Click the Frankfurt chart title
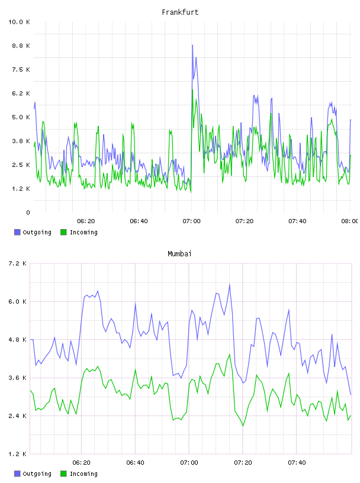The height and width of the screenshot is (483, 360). pyautogui.click(x=180, y=12)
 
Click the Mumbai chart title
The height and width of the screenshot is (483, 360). pyautogui.click(x=179, y=253)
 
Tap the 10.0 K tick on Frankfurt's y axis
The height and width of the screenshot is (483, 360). pyautogui.click(x=19, y=22)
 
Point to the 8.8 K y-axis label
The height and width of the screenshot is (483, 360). pyautogui.click(x=21, y=46)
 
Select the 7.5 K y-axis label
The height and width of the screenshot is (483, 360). pyautogui.click(x=21, y=70)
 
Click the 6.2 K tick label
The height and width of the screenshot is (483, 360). pyautogui.click(x=21, y=94)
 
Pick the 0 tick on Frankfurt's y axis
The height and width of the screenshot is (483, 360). pyautogui.click(x=28, y=212)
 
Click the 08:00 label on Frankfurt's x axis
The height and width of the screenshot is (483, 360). pyautogui.click(x=350, y=221)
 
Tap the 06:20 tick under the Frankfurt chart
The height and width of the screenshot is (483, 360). pyautogui.click(x=86, y=221)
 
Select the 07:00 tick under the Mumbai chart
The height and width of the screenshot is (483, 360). pyautogui.click(x=189, y=463)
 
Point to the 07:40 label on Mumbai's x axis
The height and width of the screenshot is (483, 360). pyautogui.click(x=297, y=463)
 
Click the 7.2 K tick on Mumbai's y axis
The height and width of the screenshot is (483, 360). pyautogui.click(x=18, y=263)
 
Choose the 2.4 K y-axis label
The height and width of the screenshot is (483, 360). pyautogui.click(x=18, y=416)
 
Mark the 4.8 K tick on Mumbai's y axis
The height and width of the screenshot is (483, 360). pyautogui.click(x=18, y=340)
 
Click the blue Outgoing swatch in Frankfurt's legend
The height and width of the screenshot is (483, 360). pyautogui.click(x=17, y=232)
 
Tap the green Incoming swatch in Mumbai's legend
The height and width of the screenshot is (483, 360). pyautogui.click(x=63, y=474)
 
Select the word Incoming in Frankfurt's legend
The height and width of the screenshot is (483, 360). pyautogui.click(x=83, y=232)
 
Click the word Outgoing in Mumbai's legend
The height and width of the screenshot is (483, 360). pyautogui.click(x=37, y=474)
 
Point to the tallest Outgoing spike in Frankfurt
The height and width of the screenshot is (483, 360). pyautogui.click(x=192, y=45)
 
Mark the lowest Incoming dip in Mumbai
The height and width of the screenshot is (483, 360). pyautogui.click(x=243, y=426)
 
